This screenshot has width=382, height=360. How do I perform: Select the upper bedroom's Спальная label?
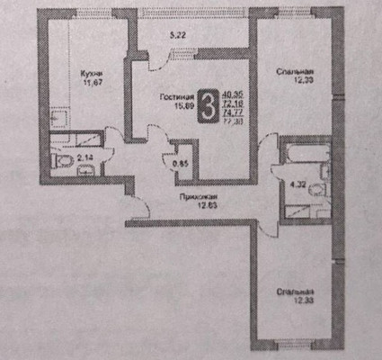tap(295, 72)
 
